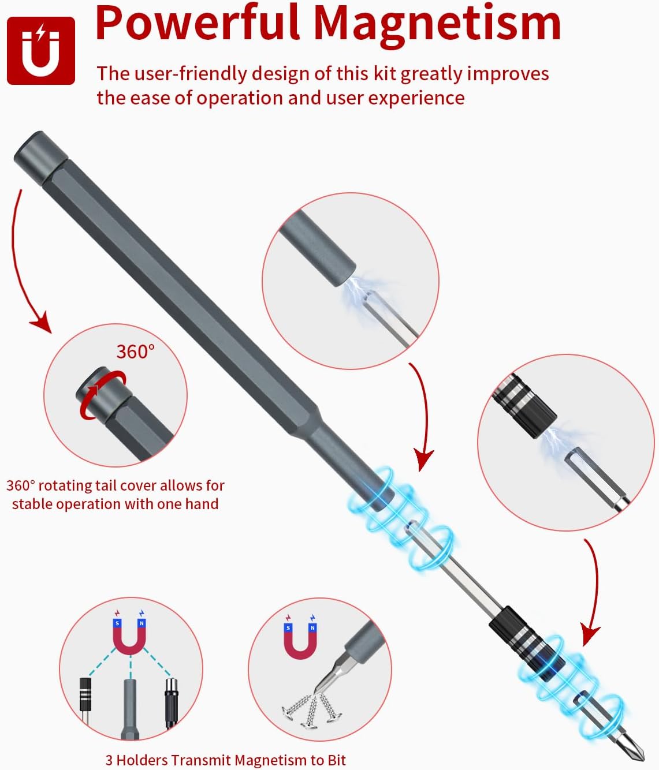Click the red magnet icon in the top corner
pyautogui.click(x=41, y=51)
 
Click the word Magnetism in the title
pyautogui.click(x=437, y=23)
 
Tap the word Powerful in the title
pyautogui.click(x=198, y=23)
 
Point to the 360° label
pyautogui.click(x=135, y=352)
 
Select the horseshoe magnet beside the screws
pyautogui.click(x=300, y=641)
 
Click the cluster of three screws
pyautogui.click(x=312, y=710)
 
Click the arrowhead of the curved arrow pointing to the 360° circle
pyautogui.click(x=42, y=321)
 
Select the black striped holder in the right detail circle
pyautogui.click(x=524, y=405)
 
